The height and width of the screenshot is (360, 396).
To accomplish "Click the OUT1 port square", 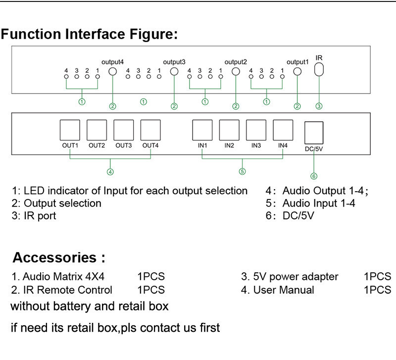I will pos(70,131).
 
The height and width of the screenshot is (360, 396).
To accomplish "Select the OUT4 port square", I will pos(150,131).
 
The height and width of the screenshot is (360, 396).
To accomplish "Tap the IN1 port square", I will pos(202,131).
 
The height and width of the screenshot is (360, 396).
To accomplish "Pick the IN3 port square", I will pos(255,131).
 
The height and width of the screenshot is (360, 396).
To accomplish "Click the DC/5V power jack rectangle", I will pos(313,133).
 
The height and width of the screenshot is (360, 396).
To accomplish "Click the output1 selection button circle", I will pos(297,72).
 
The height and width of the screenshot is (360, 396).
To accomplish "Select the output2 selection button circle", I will pos(236,72).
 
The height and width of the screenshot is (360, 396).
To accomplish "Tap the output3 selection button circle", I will pos(174,72).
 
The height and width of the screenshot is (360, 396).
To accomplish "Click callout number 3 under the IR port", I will pos(319,105).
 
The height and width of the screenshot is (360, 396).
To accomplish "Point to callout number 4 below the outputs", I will pos(110,172).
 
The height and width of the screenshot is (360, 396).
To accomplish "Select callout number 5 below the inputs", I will pos(242,172).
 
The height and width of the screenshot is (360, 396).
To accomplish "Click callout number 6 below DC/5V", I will pos(313,176).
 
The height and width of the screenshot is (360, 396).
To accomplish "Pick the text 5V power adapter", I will pos(296,276).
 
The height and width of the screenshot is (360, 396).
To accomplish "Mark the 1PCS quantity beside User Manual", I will pos(377,290).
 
